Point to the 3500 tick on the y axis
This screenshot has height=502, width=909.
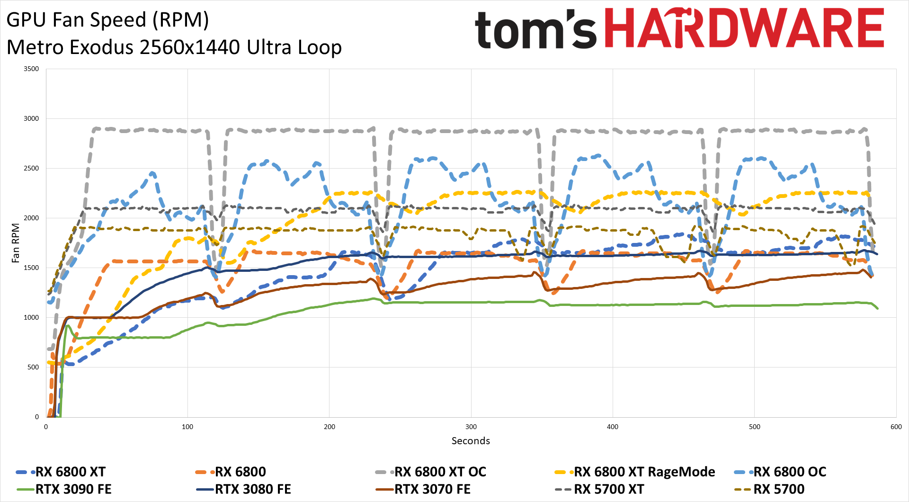coord(31,69)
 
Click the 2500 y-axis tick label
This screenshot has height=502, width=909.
coord(31,169)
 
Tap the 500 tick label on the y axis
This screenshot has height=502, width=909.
coord(33,368)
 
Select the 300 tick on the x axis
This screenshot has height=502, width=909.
coord(471,427)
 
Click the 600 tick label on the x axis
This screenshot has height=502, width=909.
coord(896,427)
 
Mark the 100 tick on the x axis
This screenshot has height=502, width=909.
coord(187,427)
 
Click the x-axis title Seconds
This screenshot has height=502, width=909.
coord(471,441)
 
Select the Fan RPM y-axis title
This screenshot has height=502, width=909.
coord(16,243)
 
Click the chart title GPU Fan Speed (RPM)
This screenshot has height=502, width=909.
coord(107,20)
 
